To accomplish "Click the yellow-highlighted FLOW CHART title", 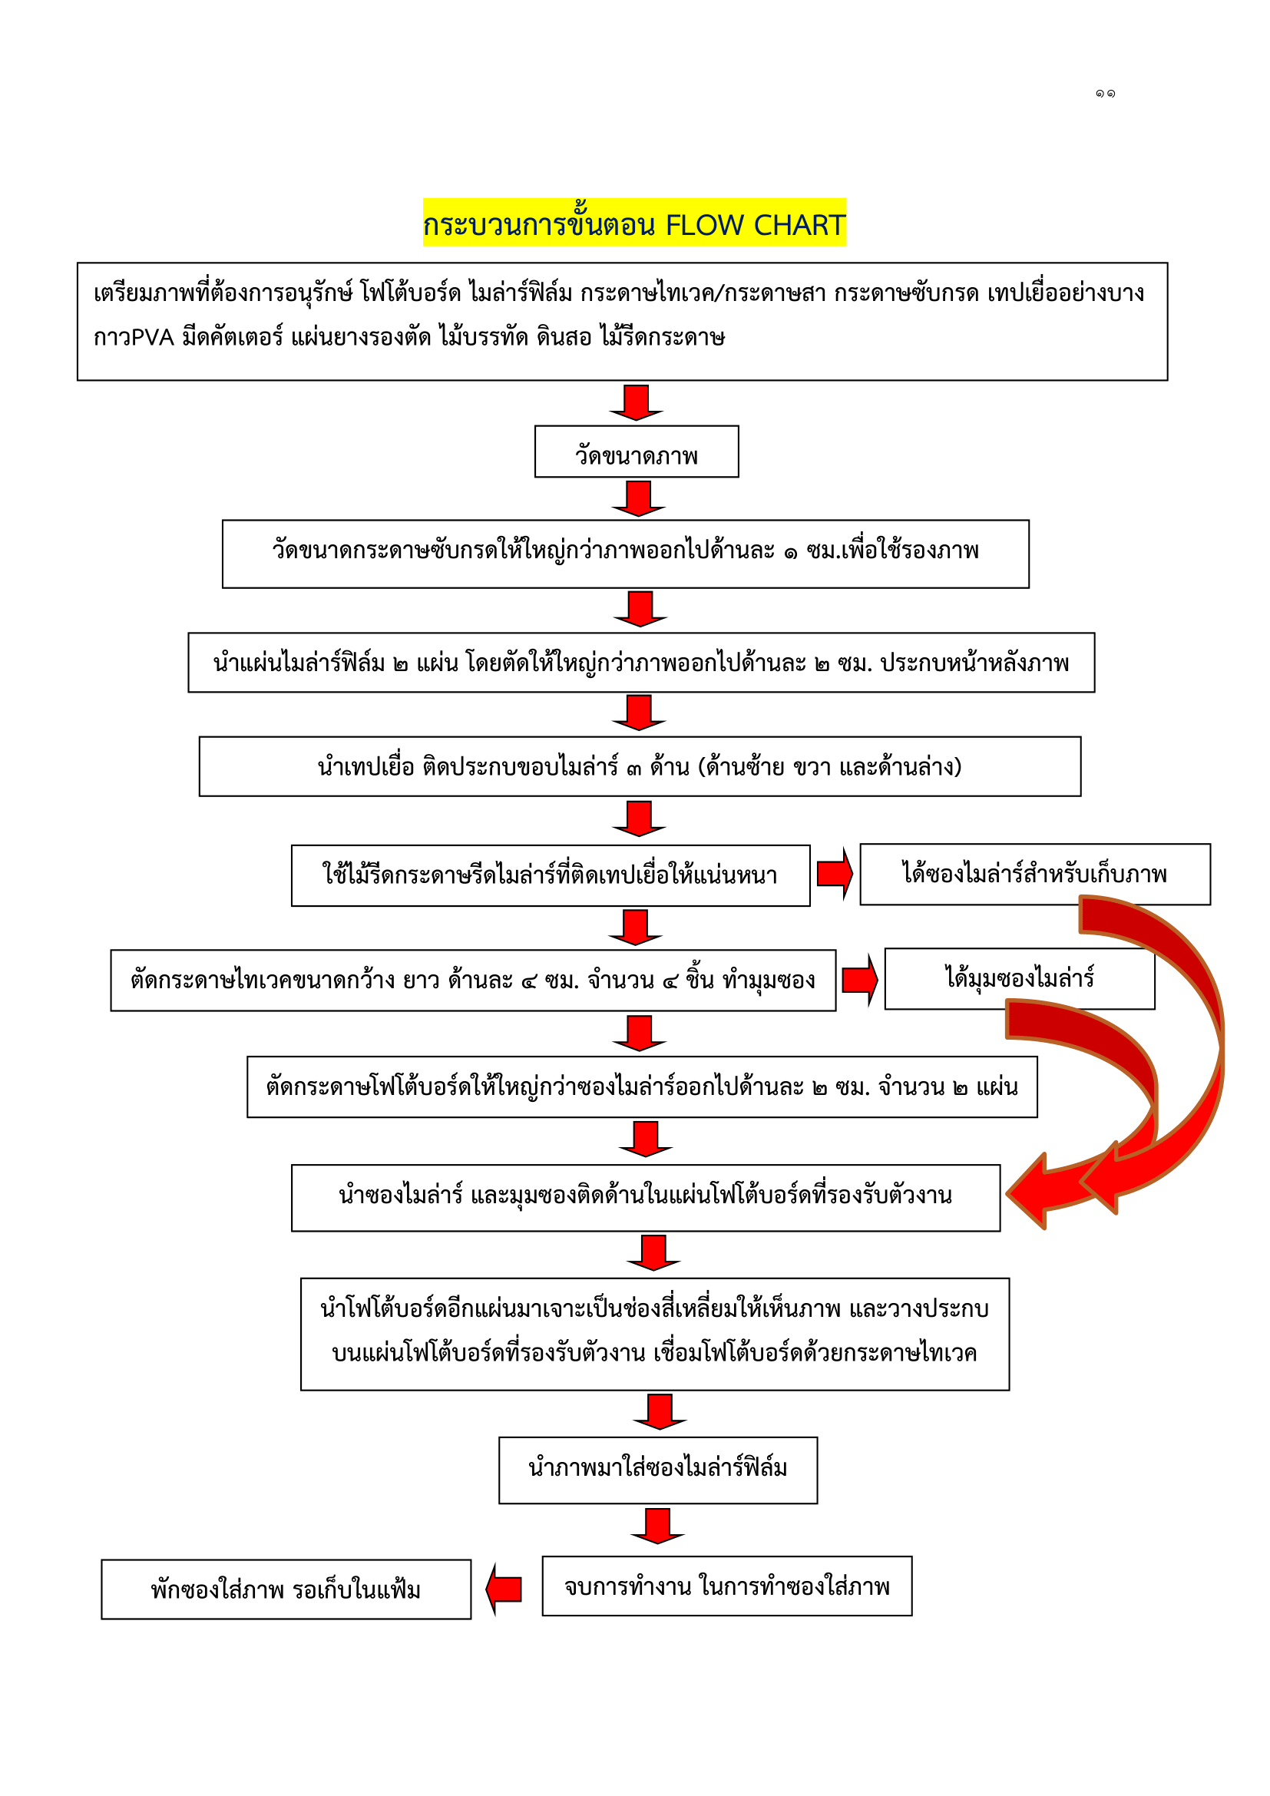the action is click(x=634, y=223).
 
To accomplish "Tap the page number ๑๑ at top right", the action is click(x=1105, y=94).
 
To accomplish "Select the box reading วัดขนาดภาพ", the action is click(x=637, y=451).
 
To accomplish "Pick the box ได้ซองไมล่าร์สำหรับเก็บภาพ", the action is click(x=1034, y=874).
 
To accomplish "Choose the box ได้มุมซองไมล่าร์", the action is click(x=1019, y=978).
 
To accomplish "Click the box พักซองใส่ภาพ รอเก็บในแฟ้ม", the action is click(x=286, y=1589).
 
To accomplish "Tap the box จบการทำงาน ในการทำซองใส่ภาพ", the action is click(x=727, y=1586).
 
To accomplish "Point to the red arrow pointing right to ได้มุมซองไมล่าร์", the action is click(x=860, y=979).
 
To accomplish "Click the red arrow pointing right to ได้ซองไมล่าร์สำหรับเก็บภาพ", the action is click(x=835, y=873).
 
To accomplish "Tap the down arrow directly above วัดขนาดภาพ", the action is click(x=637, y=402).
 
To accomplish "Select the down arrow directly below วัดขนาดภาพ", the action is click(x=639, y=498).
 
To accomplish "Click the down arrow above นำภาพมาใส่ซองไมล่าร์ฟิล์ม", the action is click(x=660, y=1412).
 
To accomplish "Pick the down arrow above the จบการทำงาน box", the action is click(x=658, y=1526).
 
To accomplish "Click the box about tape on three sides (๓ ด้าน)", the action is click(x=640, y=766).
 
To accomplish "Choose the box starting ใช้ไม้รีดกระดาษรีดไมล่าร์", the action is click(x=551, y=875).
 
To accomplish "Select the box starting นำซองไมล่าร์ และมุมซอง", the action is click(x=645, y=1198).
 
